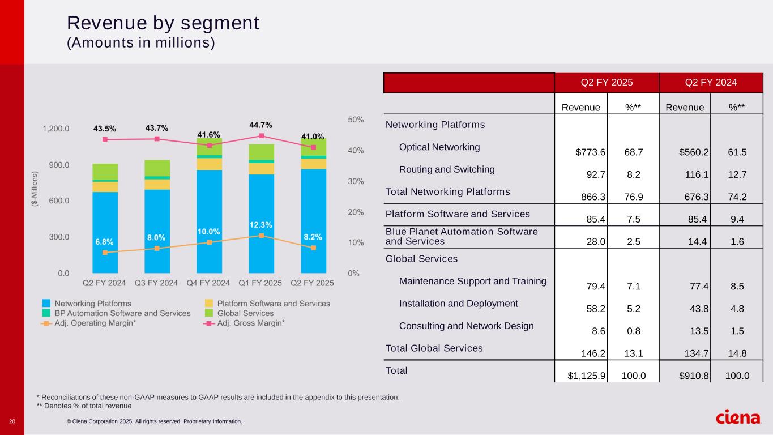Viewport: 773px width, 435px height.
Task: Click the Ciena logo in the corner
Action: pos(739,417)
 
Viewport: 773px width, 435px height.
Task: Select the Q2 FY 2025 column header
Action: pos(607,83)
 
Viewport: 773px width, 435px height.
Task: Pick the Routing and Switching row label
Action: pos(447,169)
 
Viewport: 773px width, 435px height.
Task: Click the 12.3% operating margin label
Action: pos(260,225)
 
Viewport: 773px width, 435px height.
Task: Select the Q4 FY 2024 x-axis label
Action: pos(208,283)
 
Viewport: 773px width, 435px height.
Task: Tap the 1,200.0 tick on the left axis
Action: pos(56,129)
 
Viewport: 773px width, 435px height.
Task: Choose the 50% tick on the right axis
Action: pos(356,120)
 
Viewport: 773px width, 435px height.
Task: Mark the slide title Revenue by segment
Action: pos(163,23)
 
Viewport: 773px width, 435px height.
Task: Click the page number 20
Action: pos(12,421)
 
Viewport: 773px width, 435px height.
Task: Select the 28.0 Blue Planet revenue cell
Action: pos(597,242)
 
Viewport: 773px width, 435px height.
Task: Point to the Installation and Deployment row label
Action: pos(458,304)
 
